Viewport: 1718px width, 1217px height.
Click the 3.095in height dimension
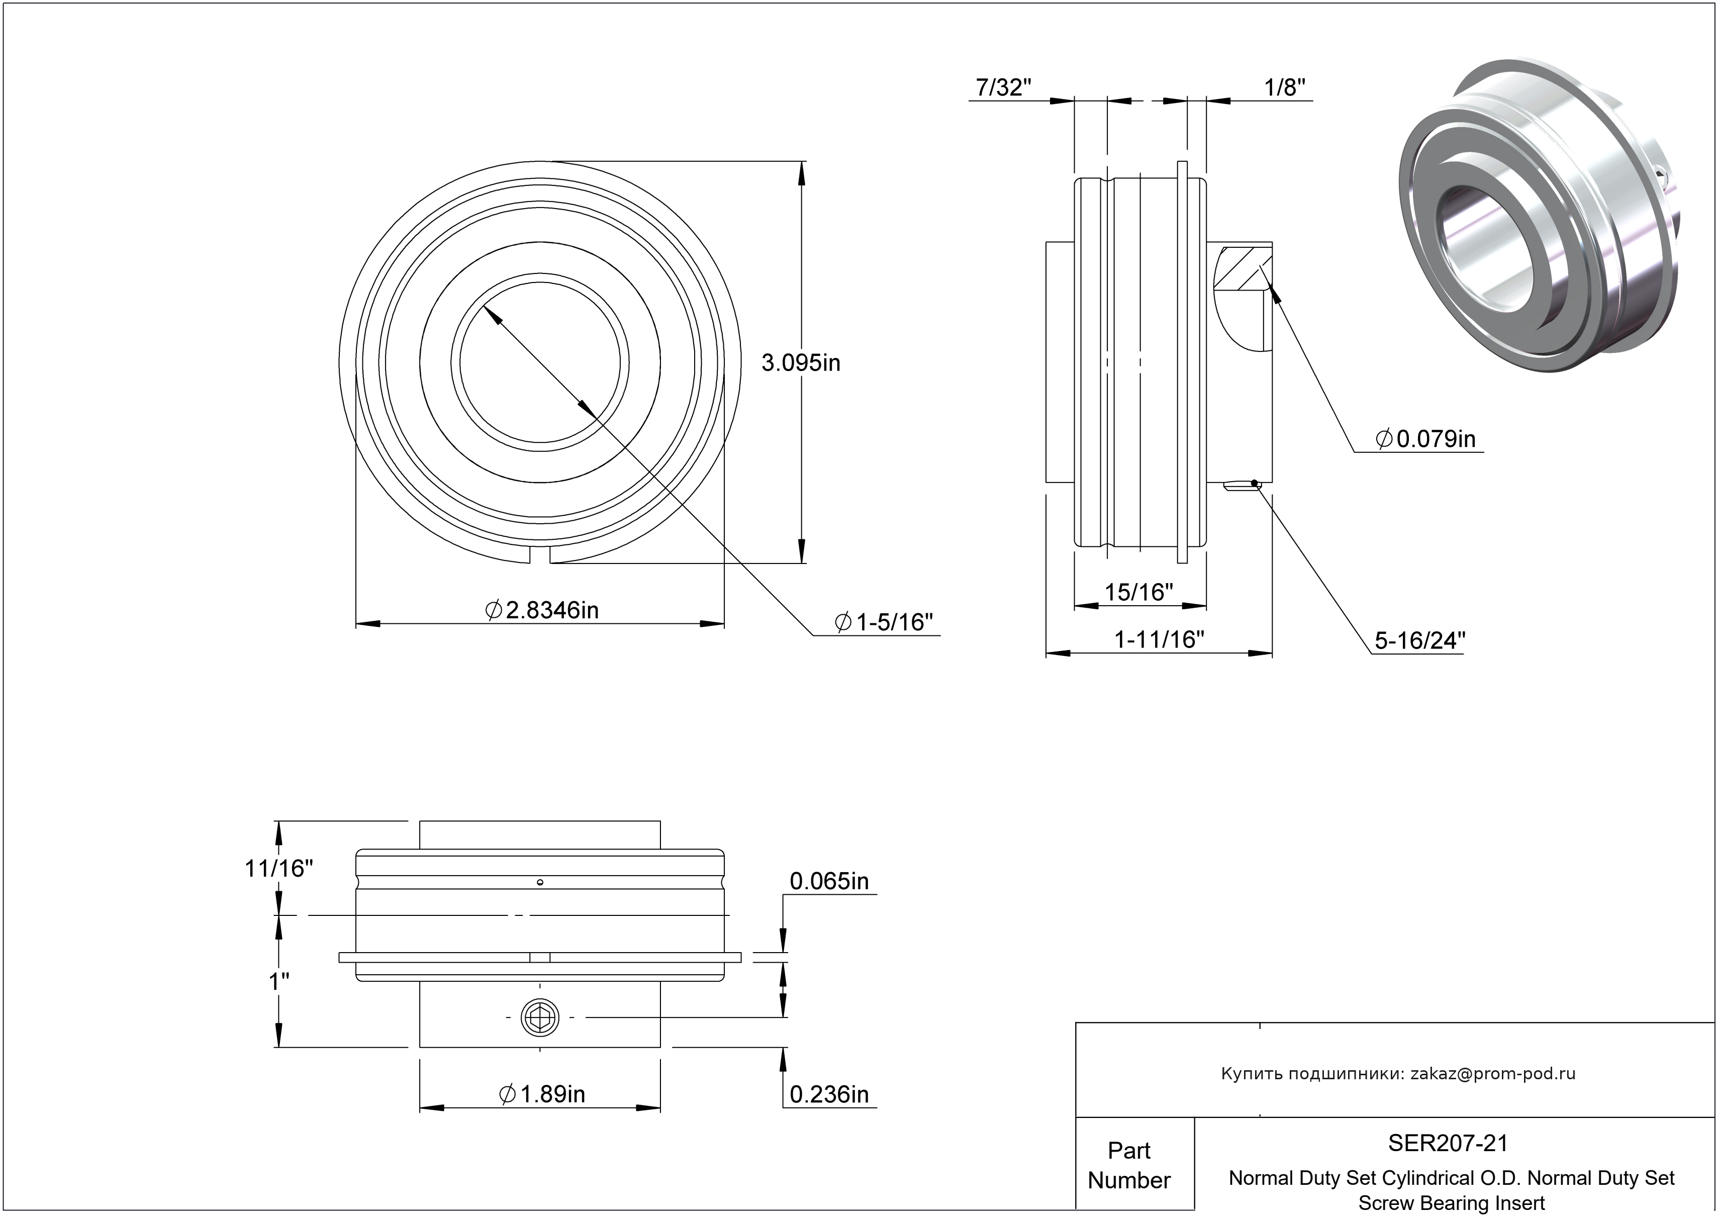click(800, 363)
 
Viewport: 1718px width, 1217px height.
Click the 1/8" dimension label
click(1284, 88)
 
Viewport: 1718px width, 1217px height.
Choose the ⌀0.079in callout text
click(1426, 439)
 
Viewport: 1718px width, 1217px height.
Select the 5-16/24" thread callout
click(1419, 641)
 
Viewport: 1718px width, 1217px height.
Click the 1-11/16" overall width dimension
click(1159, 640)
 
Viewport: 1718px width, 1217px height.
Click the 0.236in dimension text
click(829, 1095)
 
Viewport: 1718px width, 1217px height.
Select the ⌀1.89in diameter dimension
click(542, 1095)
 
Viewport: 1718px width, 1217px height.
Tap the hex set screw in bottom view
click(540, 1017)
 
